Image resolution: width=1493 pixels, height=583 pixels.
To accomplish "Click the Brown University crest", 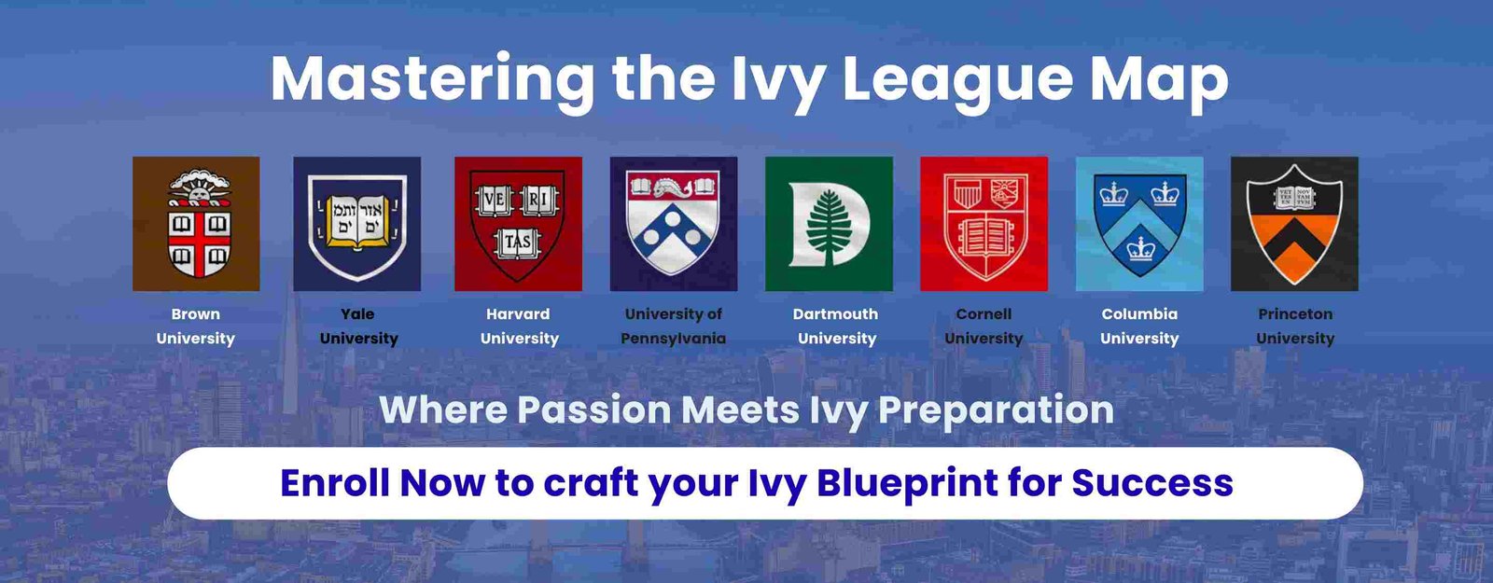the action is pyautogui.click(x=196, y=224).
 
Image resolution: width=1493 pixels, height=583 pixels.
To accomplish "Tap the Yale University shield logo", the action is pyautogui.click(x=357, y=224).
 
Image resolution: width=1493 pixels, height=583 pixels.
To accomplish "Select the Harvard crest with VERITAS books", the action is pyautogui.click(x=518, y=224).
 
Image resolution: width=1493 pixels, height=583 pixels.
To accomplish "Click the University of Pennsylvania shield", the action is pyautogui.click(x=673, y=224).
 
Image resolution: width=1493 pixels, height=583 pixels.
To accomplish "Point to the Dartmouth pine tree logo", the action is pyautogui.click(x=829, y=224).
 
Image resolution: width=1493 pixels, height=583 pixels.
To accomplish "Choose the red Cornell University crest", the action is pyautogui.click(x=984, y=224).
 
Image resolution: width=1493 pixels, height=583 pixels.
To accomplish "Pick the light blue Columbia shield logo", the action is pyautogui.click(x=1139, y=224).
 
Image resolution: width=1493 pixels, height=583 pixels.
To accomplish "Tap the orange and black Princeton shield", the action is pyautogui.click(x=1294, y=224).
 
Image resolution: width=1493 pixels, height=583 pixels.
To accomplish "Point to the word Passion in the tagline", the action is pyautogui.click(x=593, y=409).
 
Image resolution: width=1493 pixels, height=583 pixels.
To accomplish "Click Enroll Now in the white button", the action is pyautogui.click(x=383, y=482).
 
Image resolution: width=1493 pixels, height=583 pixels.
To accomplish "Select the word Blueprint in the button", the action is pyautogui.click(x=907, y=484).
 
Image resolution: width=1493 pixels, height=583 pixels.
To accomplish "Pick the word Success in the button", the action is pyautogui.click(x=1152, y=482).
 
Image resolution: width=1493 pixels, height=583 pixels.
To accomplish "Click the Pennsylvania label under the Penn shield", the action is pyautogui.click(x=673, y=339).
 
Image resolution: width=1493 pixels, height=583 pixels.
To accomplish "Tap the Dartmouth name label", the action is pyautogui.click(x=835, y=313).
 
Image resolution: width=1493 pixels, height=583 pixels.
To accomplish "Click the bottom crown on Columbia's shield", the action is pyautogui.click(x=1141, y=248).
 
